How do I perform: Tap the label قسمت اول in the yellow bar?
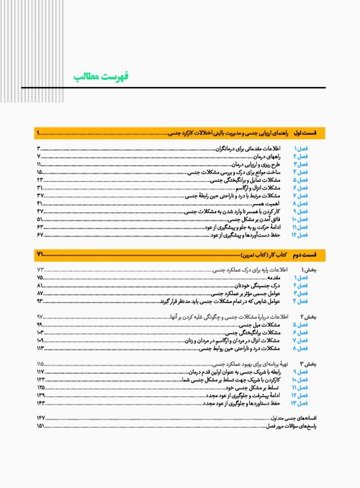coord(312,133)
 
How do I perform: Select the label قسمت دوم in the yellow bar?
coord(312,255)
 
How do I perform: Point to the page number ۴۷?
coord(40,211)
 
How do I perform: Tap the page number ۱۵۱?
coord(41,426)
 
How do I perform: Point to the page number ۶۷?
coord(40,234)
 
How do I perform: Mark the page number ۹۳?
coord(40,301)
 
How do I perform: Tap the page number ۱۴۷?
coord(41,417)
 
